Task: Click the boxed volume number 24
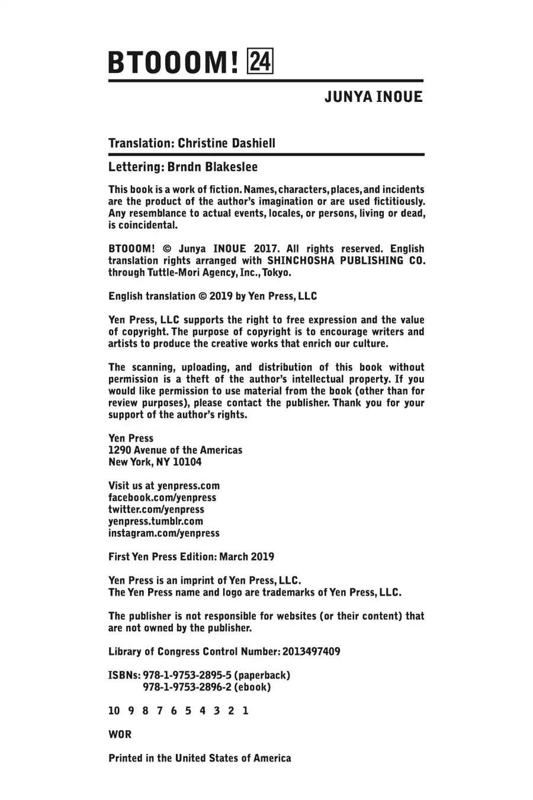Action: point(261,62)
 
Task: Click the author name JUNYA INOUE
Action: point(373,97)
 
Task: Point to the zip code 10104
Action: point(187,462)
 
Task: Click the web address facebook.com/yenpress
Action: point(162,498)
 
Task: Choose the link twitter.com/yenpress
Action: point(156,510)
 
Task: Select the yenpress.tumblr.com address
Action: point(156,521)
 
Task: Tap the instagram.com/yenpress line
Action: point(164,533)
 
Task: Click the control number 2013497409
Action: point(312,652)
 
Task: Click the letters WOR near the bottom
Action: point(120,735)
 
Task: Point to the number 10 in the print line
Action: point(114,711)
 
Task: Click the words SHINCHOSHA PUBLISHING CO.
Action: point(346,261)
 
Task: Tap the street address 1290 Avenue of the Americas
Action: point(175,450)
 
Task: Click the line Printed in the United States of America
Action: point(200,759)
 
